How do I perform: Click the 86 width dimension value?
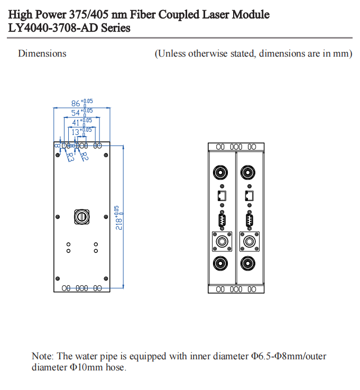coord(76,104)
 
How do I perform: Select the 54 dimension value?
coord(76,113)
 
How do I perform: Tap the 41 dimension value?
coord(77,122)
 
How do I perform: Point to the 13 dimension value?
coord(77,131)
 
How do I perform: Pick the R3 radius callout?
coord(70,157)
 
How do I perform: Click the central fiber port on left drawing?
coord(81,216)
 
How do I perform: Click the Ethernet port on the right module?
coord(249,196)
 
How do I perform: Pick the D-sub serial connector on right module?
coord(249,219)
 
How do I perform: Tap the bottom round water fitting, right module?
coord(247,263)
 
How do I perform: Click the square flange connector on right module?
coord(248,242)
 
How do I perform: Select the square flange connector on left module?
coord(221,242)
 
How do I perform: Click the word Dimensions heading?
coord(42,53)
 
